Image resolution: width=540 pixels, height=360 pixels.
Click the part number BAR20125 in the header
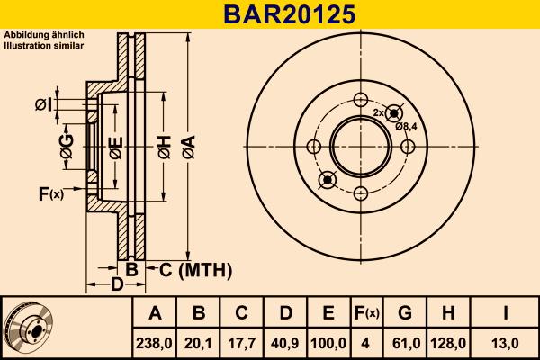click(270, 14)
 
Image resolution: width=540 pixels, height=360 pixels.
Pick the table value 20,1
click(199, 343)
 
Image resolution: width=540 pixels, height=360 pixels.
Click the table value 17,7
click(242, 343)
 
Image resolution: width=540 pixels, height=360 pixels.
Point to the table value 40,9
click(285, 343)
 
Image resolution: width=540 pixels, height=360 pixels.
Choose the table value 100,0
click(328, 343)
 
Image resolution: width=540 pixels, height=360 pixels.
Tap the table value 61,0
click(405, 343)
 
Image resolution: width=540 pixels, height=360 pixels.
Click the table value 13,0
click(506, 343)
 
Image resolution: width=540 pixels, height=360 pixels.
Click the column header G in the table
click(405, 313)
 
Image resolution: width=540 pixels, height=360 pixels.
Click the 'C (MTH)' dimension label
click(195, 270)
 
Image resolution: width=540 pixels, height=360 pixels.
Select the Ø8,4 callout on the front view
click(407, 126)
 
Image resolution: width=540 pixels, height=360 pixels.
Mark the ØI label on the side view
click(43, 106)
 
